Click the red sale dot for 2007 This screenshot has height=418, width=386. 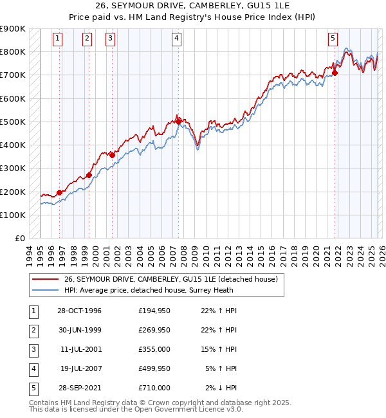click(178, 120)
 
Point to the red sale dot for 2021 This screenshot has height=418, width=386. click(335, 72)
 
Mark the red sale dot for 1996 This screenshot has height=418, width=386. click(59, 192)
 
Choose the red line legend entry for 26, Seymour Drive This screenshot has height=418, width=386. click(170, 279)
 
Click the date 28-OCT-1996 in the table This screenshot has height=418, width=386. click(80, 311)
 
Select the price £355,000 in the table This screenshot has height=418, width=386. click(154, 349)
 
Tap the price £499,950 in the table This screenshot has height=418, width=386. click(154, 368)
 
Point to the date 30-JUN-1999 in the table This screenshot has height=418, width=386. click(80, 330)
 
